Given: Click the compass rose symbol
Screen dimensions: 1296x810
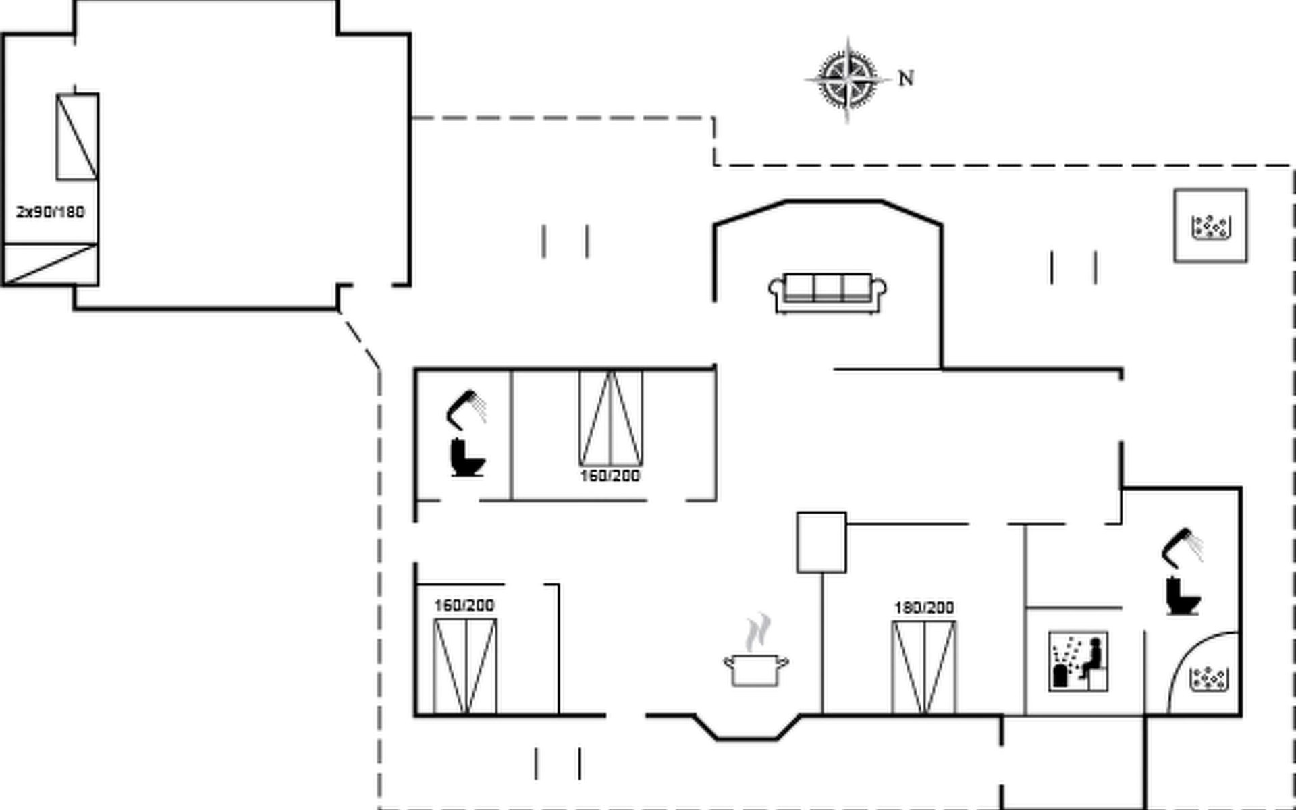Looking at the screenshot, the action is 848,80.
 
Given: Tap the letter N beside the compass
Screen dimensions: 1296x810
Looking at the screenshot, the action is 906,79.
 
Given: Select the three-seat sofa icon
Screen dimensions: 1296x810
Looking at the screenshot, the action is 828,293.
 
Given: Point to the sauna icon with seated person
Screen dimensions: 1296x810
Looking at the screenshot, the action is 1079,661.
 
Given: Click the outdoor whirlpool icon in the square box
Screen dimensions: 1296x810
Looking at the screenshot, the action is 1210,225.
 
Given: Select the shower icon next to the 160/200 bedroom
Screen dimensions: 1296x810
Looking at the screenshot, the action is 466,409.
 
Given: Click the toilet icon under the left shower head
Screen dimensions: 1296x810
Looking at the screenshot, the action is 467,458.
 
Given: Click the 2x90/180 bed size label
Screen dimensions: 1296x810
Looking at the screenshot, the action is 51,212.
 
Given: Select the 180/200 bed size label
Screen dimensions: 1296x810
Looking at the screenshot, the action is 924,607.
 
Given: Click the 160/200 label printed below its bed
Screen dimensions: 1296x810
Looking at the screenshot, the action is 610,476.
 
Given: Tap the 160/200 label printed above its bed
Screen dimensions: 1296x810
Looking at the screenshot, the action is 464,605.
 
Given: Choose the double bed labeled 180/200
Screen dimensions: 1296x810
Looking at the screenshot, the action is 924,667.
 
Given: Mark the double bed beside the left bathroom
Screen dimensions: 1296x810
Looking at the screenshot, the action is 611,418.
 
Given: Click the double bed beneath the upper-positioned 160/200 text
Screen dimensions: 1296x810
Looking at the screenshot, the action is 465,666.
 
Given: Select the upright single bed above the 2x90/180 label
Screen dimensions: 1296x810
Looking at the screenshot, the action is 77,137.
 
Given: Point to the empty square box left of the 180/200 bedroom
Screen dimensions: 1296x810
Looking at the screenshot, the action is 821,543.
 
